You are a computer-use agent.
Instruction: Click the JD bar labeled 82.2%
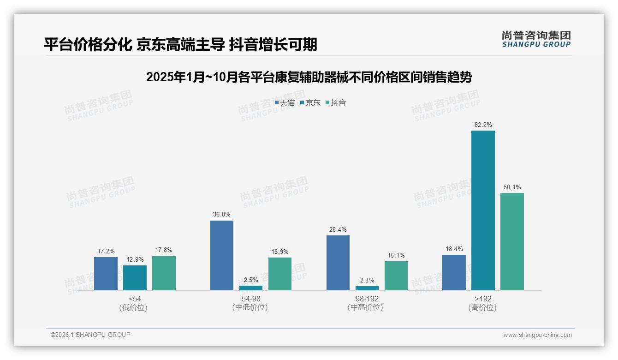tap(483, 210)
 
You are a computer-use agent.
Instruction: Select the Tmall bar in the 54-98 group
tap(222, 256)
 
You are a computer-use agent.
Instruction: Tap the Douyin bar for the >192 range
tap(512, 241)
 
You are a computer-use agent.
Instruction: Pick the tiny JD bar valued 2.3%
tap(367, 288)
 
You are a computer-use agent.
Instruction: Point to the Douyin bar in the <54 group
tap(164, 273)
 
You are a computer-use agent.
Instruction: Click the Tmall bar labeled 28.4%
tap(338, 263)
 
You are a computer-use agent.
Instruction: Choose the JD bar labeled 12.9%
tap(135, 278)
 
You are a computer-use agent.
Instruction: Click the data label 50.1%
tap(512, 187)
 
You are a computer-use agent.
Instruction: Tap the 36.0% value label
tap(222, 215)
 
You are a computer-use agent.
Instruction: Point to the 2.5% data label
tap(251, 280)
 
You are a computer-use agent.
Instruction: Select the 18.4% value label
tap(454, 249)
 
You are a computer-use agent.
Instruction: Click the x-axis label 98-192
tap(367, 299)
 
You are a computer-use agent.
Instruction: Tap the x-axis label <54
tap(135, 299)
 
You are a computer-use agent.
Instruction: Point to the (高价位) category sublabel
tap(482, 308)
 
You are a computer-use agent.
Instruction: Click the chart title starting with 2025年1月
tap(309, 77)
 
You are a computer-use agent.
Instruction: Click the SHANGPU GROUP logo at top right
tap(536, 39)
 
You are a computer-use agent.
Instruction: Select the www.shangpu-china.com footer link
tap(537, 335)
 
